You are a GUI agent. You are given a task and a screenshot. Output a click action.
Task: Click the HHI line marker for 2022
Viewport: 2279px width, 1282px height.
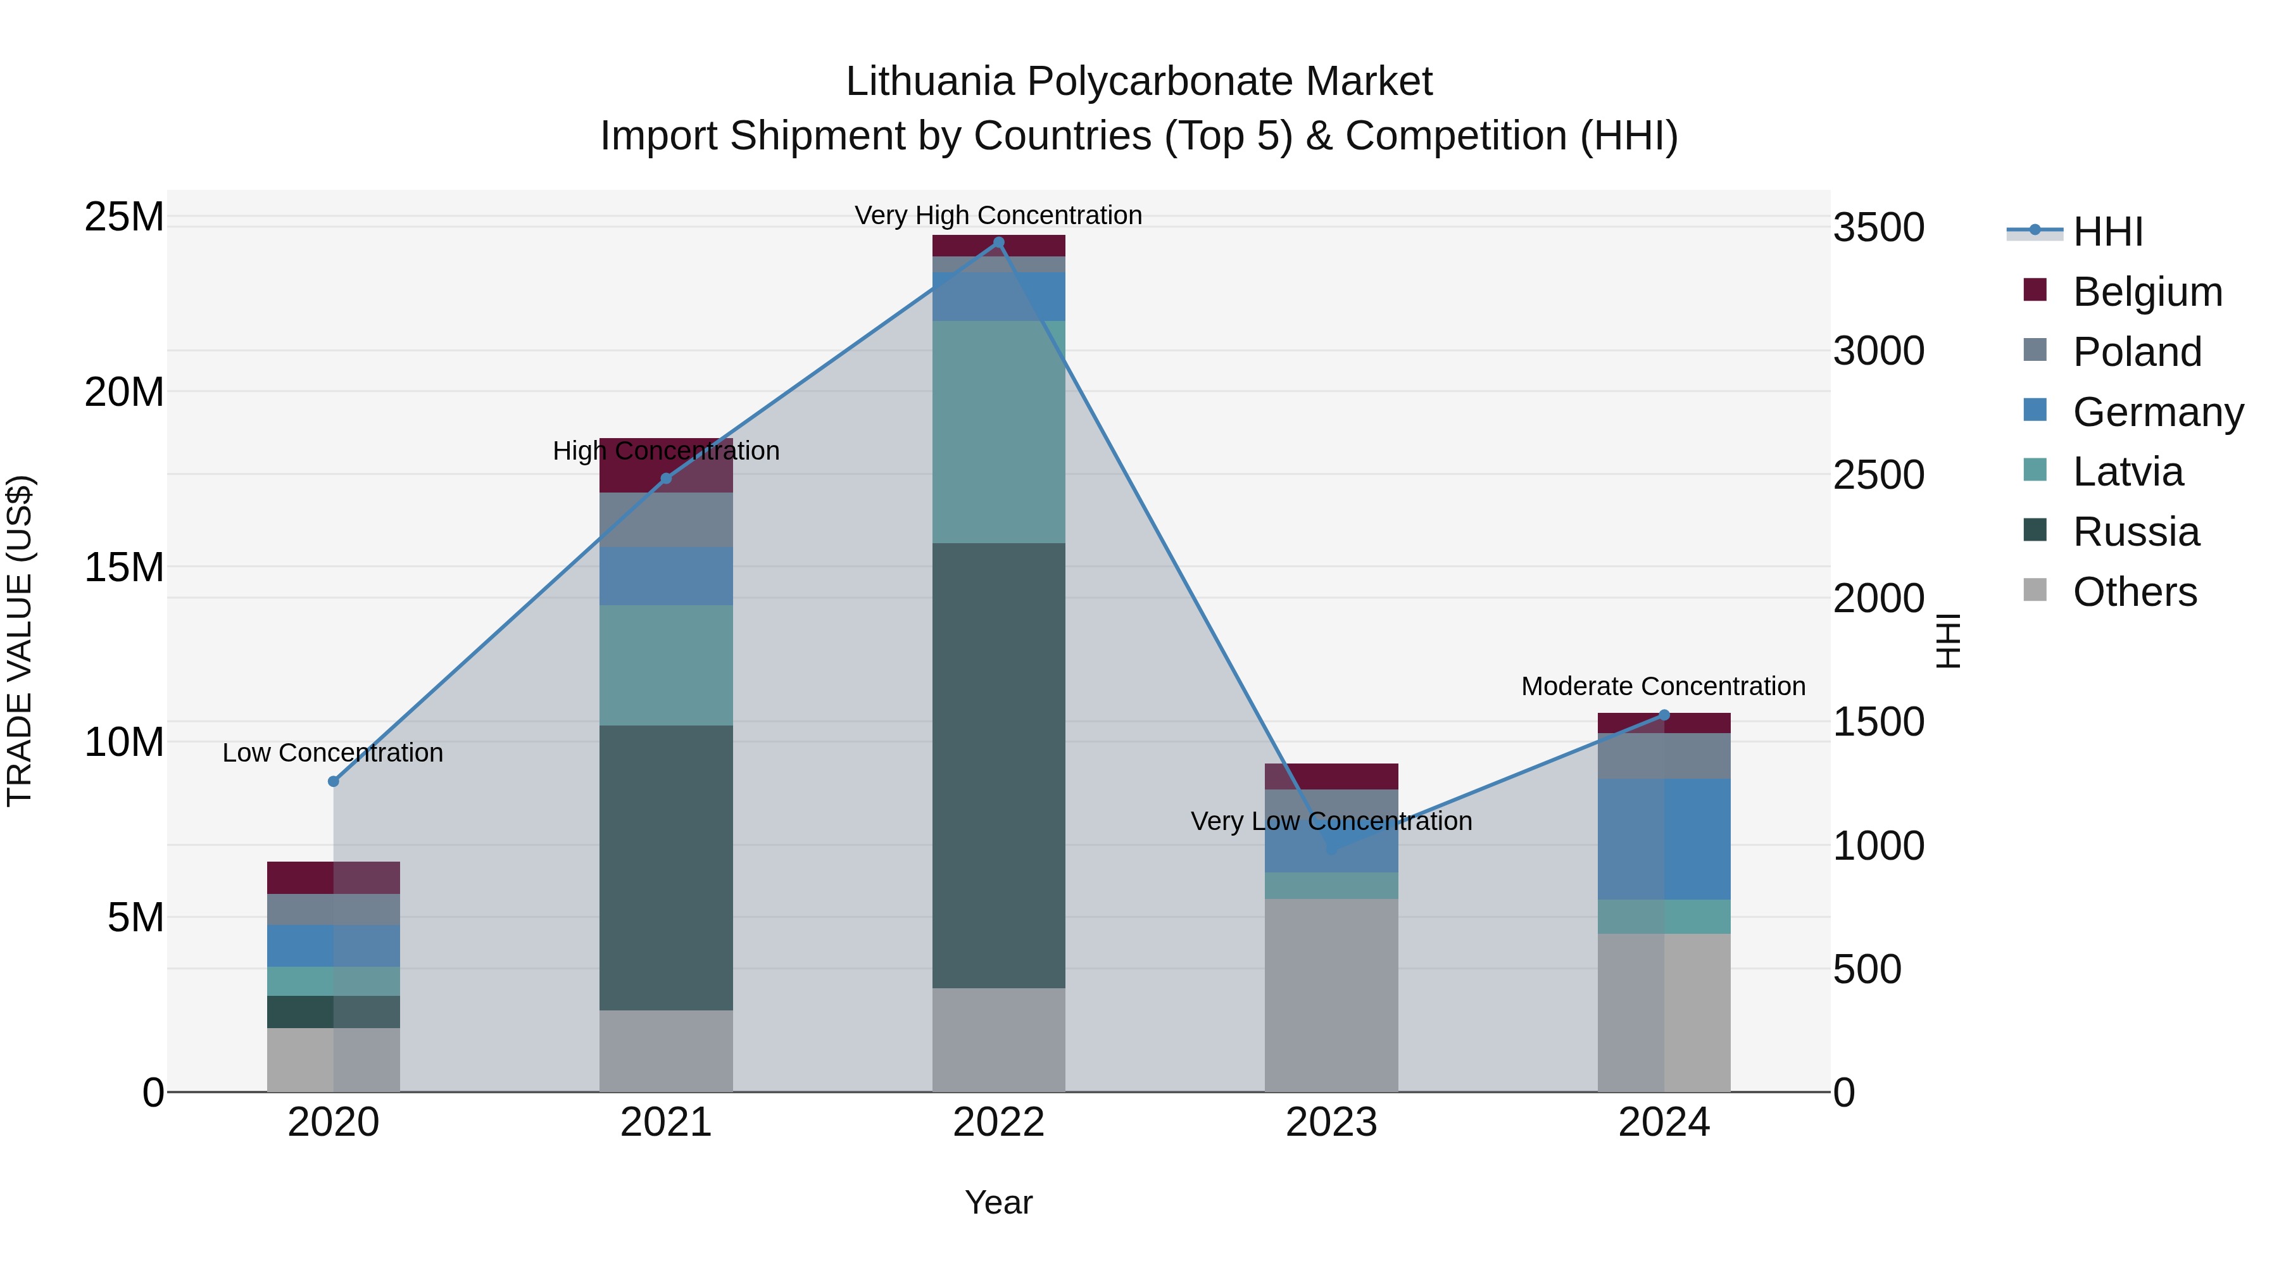pos(999,242)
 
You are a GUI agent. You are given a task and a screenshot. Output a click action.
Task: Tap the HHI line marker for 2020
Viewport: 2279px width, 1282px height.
pos(334,781)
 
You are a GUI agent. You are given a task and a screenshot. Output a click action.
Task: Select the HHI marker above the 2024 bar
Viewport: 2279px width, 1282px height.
pos(1664,715)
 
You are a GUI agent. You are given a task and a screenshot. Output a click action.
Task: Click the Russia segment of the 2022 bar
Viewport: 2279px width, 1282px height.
pos(999,765)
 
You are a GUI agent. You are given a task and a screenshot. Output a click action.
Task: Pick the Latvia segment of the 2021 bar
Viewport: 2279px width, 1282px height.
pos(666,665)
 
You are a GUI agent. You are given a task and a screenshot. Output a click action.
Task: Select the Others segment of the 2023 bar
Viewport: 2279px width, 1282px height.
pos(1331,995)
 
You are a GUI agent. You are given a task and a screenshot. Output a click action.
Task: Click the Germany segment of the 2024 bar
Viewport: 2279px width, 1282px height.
pos(1664,839)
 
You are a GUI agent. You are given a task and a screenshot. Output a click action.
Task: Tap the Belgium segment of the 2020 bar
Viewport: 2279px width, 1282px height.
pos(334,877)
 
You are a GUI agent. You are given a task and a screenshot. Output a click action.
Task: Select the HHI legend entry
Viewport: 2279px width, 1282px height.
pos(2107,232)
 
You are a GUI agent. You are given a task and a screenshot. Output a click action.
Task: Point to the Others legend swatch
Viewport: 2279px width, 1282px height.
pos(2035,590)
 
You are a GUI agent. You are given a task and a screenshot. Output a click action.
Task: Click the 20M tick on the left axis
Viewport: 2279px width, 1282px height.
pos(124,392)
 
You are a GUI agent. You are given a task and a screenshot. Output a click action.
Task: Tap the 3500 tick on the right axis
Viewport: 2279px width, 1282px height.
pos(1878,227)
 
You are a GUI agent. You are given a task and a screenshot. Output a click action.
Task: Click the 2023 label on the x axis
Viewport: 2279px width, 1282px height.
pos(1331,1122)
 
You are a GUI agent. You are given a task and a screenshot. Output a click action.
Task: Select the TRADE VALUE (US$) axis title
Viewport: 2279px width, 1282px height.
pos(20,641)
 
